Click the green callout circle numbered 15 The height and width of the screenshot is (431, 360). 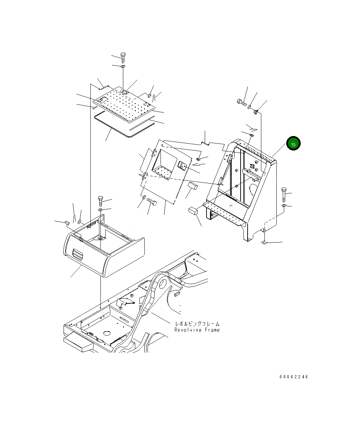[x=293, y=143]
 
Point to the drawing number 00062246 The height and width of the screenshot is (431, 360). [x=294, y=377]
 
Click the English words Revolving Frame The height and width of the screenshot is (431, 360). [x=197, y=330]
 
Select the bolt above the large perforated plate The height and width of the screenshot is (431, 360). [x=123, y=57]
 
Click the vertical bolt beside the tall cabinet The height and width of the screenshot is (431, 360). [x=284, y=194]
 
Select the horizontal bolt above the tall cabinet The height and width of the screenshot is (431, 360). [x=241, y=103]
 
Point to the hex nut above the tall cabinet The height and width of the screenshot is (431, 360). [x=256, y=112]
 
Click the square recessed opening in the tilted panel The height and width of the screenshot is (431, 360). [x=164, y=162]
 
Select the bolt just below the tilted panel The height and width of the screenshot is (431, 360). [x=152, y=201]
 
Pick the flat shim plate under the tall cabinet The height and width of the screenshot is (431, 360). [x=266, y=243]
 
